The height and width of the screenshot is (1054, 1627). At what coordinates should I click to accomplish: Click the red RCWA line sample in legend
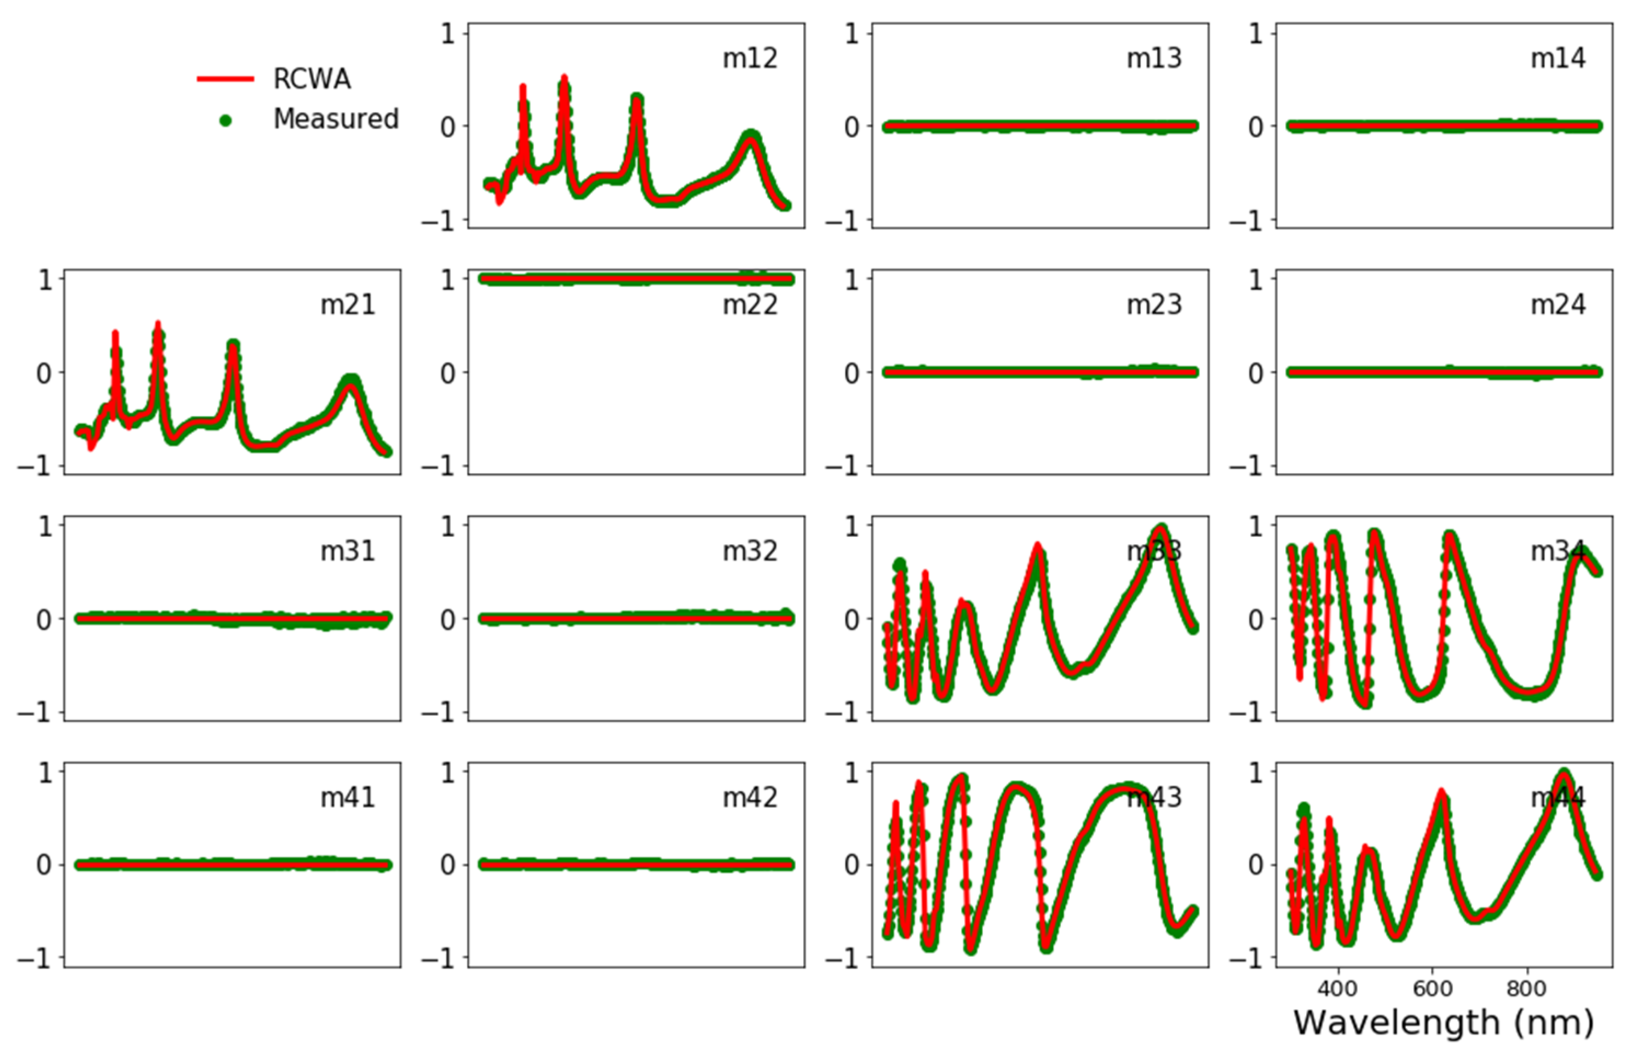coord(225,79)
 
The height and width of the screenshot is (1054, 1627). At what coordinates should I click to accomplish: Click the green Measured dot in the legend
coord(225,120)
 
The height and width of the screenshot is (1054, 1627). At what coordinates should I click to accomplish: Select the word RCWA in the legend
coord(312,79)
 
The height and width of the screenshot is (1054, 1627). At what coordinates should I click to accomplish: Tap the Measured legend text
coord(336,119)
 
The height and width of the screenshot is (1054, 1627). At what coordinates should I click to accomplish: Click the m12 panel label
coord(750,59)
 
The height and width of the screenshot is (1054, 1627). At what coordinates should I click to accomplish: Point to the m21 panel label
coord(348,305)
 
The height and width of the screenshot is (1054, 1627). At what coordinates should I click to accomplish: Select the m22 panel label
coord(750,305)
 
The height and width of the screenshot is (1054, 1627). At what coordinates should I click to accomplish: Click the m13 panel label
coord(1154,59)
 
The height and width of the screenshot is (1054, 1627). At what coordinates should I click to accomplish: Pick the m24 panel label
coord(1558,305)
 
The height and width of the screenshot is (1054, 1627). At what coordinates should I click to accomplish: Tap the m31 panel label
coord(348,551)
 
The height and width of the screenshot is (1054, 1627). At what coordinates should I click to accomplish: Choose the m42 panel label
coord(750,798)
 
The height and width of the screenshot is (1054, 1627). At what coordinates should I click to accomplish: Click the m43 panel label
coord(1154,798)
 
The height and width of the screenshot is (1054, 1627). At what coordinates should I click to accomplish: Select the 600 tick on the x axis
coord(1432,988)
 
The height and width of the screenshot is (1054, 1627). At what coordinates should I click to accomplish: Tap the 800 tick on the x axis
coord(1526,988)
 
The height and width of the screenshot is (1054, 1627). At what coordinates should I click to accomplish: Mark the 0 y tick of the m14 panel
coord(1256,127)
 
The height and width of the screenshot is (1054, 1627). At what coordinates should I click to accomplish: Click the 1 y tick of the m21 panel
coord(45,280)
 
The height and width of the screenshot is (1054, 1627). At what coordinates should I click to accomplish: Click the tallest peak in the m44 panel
coord(1563,773)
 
